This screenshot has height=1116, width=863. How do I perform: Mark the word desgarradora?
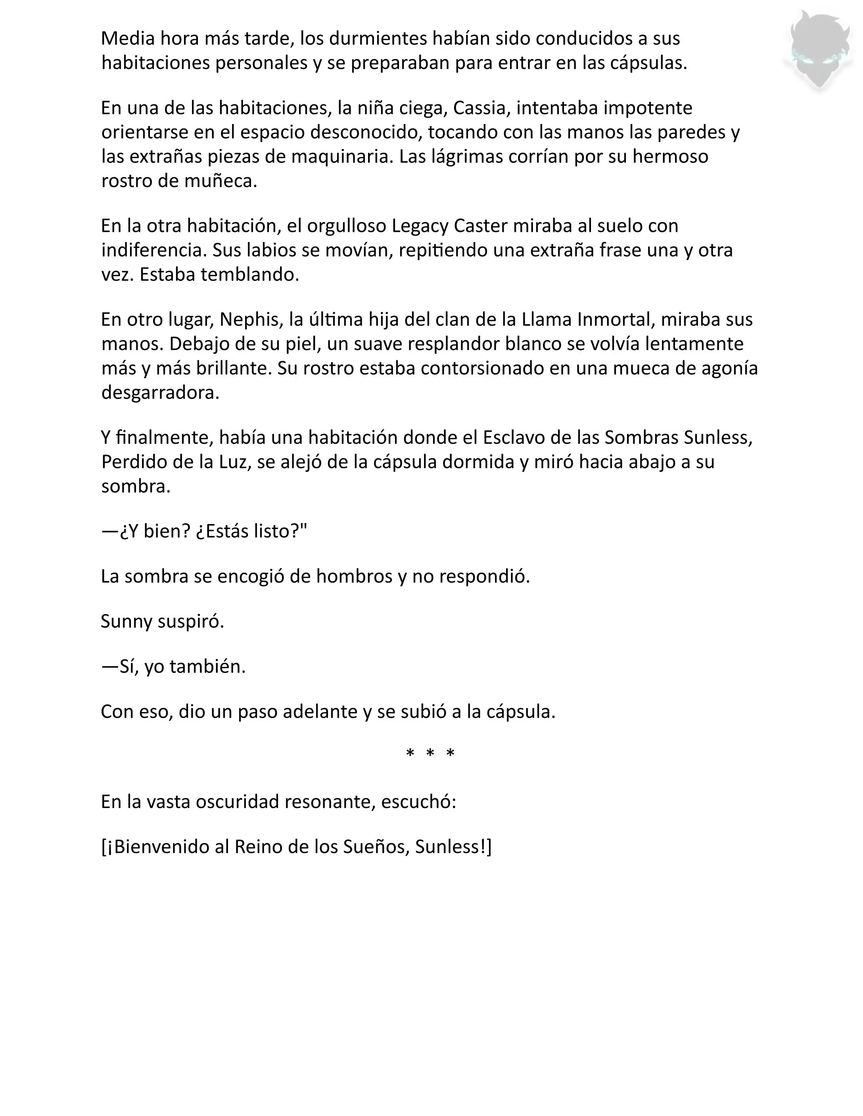click(160, 393)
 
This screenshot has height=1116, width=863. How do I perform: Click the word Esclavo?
click(515, 438)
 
